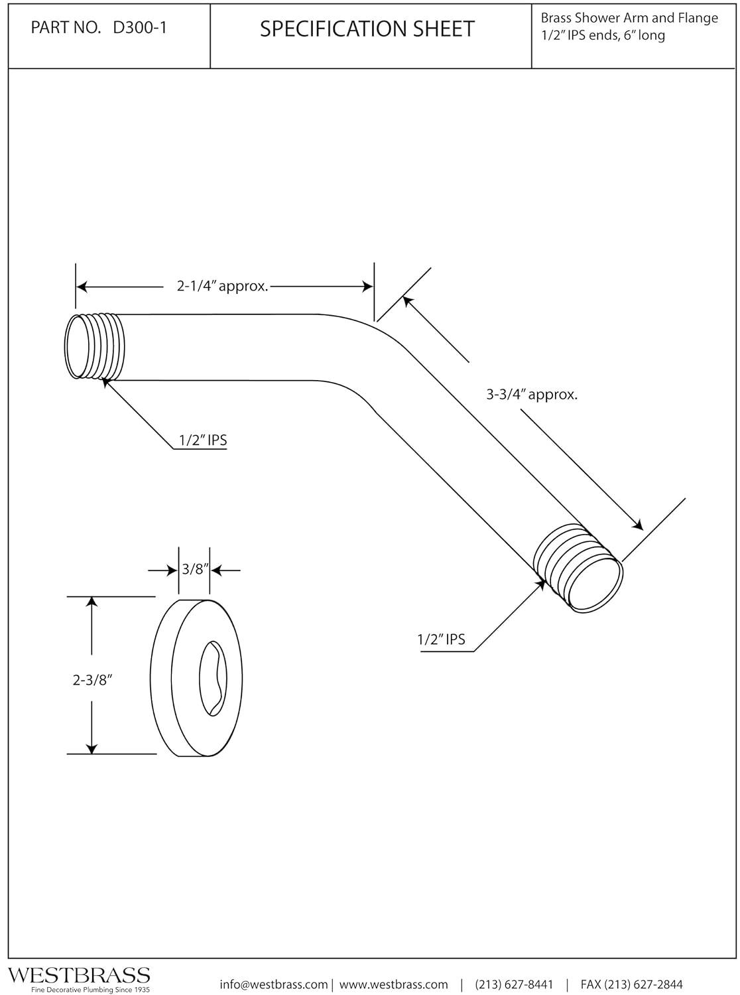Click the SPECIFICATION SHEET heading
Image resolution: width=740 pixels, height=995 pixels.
pyautogui.click(x=367, y=29)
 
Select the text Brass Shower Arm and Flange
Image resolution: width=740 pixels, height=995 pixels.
pyautogui.click(x=629, y=18)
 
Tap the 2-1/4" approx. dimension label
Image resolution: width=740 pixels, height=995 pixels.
pyautogui.click(x=222, y=287)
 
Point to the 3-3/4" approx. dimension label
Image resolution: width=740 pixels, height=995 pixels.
pyautogui.click(x=532, y=395)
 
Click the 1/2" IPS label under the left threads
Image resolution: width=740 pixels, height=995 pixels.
pyautogui.click(x=203, y=440)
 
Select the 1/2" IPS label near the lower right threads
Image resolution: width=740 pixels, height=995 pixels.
pyautogui.click(x=441, y=640)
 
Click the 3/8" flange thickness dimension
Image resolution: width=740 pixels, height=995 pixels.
pyautogui.click(x=195, y=569)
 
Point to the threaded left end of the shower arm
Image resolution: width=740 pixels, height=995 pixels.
pyautogui.click(x=96, y=346)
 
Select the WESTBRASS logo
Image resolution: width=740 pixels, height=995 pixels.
pyautogui.click(x=78, y=975)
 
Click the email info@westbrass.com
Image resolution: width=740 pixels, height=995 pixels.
pyautogui.click(x=273, y=984)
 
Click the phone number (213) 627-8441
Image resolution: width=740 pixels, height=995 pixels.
pyautogui.click(x=514, y=984)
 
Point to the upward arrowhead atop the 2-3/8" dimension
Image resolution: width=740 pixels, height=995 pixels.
pyautogui.click(x=92, y=601)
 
